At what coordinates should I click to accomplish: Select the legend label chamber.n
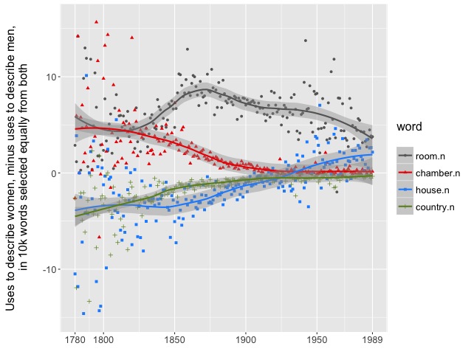438,173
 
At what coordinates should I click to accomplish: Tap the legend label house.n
434,190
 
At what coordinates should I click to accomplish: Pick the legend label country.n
437,208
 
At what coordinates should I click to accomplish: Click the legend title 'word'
408,128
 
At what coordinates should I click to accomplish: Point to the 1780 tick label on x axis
75,342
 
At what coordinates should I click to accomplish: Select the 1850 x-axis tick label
174,342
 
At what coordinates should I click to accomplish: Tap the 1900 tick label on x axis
246,342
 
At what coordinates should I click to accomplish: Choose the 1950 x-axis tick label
317,342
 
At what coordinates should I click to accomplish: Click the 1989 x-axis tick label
372,342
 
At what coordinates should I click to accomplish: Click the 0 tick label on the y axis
53,173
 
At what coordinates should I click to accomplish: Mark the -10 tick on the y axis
49,270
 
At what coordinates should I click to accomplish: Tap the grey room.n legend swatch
405,155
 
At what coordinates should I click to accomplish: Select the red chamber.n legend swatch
405,173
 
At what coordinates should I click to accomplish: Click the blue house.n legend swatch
405,190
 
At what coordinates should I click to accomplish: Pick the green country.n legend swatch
405,208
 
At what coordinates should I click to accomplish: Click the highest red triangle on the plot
96,22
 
